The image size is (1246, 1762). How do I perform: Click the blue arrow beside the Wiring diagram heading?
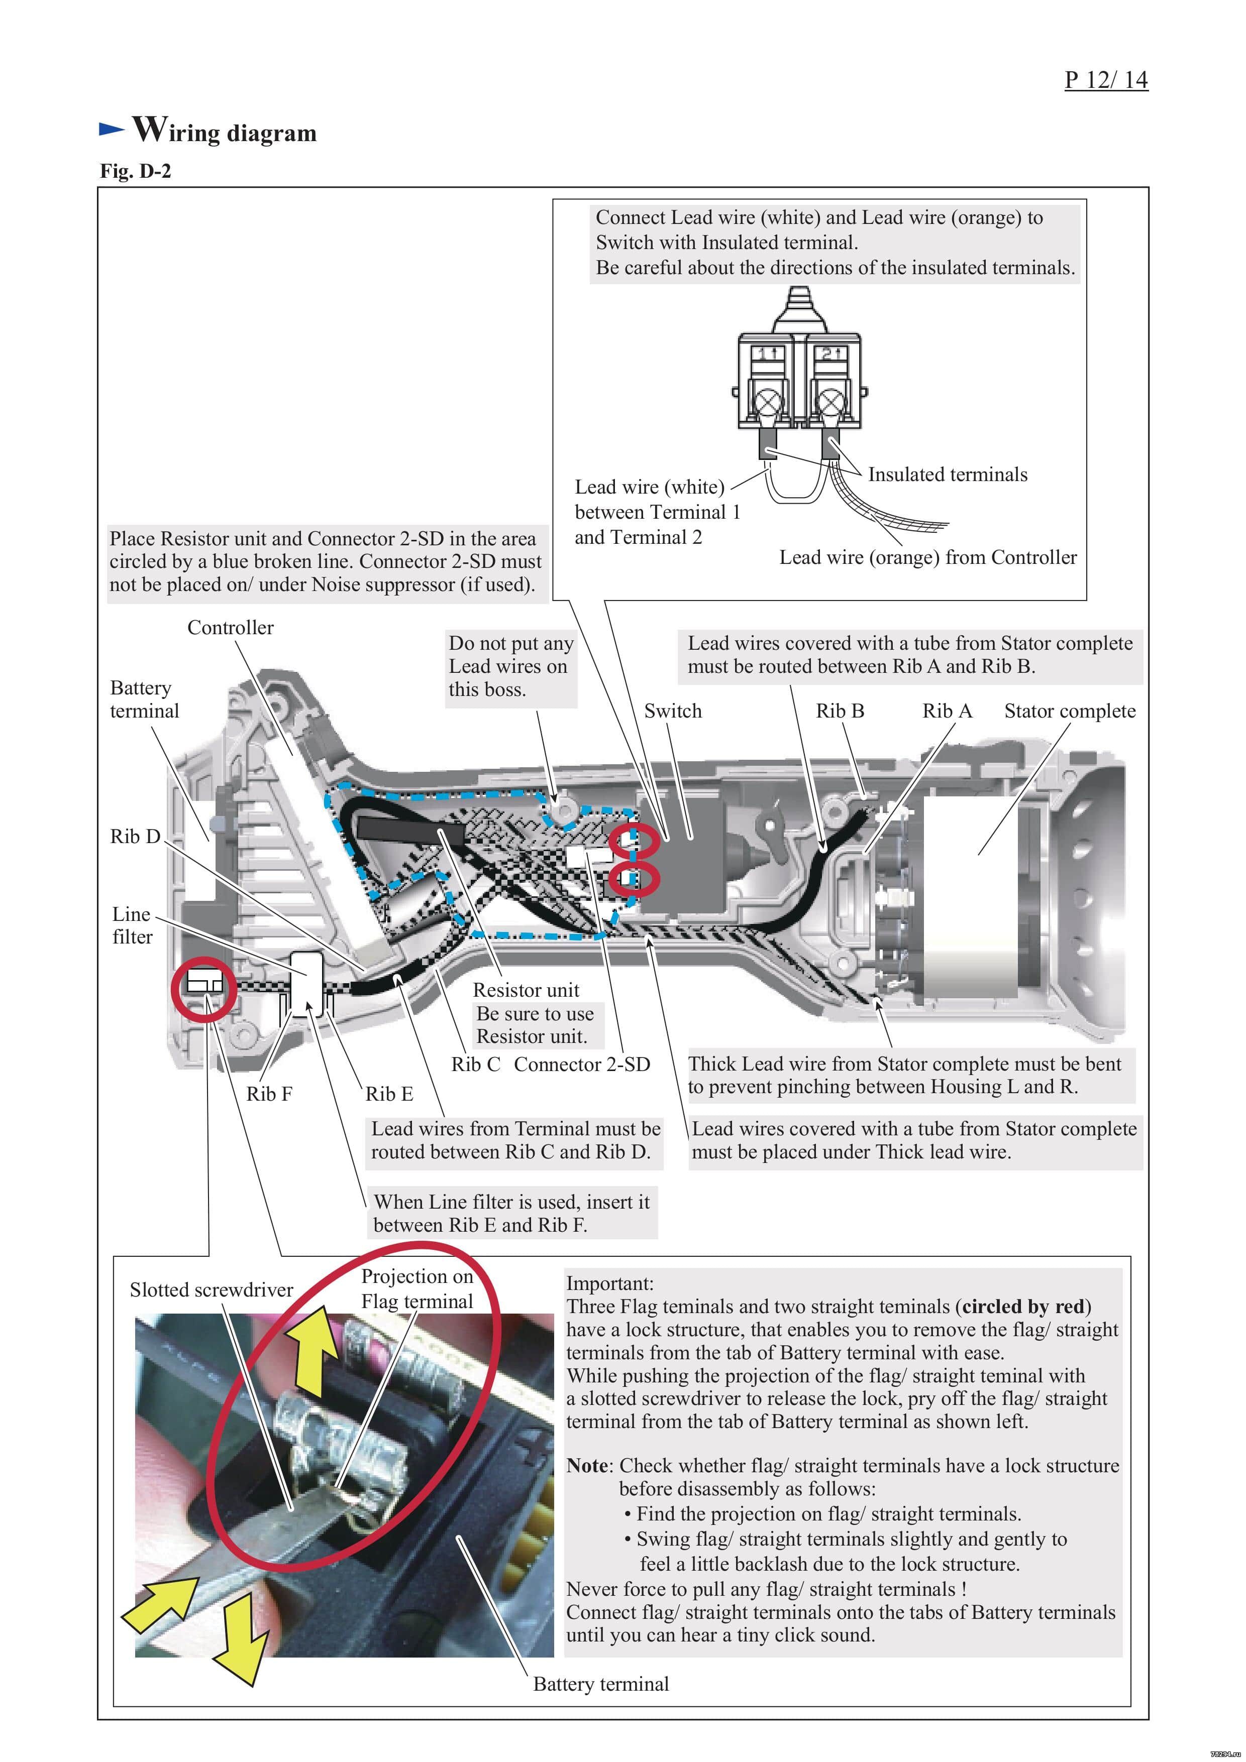tap(112, 129)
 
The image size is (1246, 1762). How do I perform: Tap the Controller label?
tap(230, 628)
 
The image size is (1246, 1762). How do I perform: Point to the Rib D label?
tap(135, 836)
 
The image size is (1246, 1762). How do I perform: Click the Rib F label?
tap(269, 1094)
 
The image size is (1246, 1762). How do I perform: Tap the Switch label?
tap(673, 711)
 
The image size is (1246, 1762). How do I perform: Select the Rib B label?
tap(840, 711)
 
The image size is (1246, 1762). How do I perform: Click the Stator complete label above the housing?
tap(1070, 711)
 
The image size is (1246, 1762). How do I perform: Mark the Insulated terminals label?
tap(948, 474)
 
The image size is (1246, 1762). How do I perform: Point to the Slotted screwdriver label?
tap(211, 1289)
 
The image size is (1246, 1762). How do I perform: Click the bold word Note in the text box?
tap(586, 1465)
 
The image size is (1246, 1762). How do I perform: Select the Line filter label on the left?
tap(132, 925)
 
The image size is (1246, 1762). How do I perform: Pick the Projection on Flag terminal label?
tap(417, 1288)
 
